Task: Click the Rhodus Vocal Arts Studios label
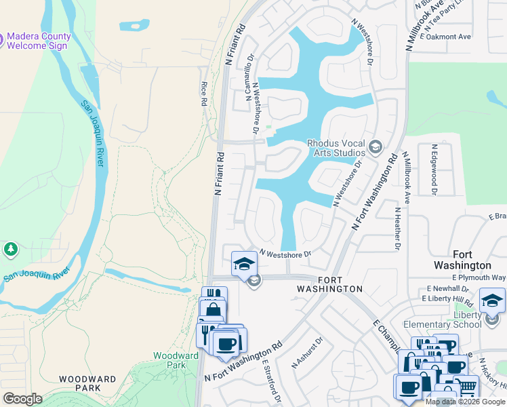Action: [336, 148]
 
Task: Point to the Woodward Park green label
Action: [176, 360]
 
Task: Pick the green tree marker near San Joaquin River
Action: [10, 250]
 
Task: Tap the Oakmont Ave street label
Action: [450, 37]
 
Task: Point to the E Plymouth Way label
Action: [479, 277]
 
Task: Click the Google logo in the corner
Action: [23, 399]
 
